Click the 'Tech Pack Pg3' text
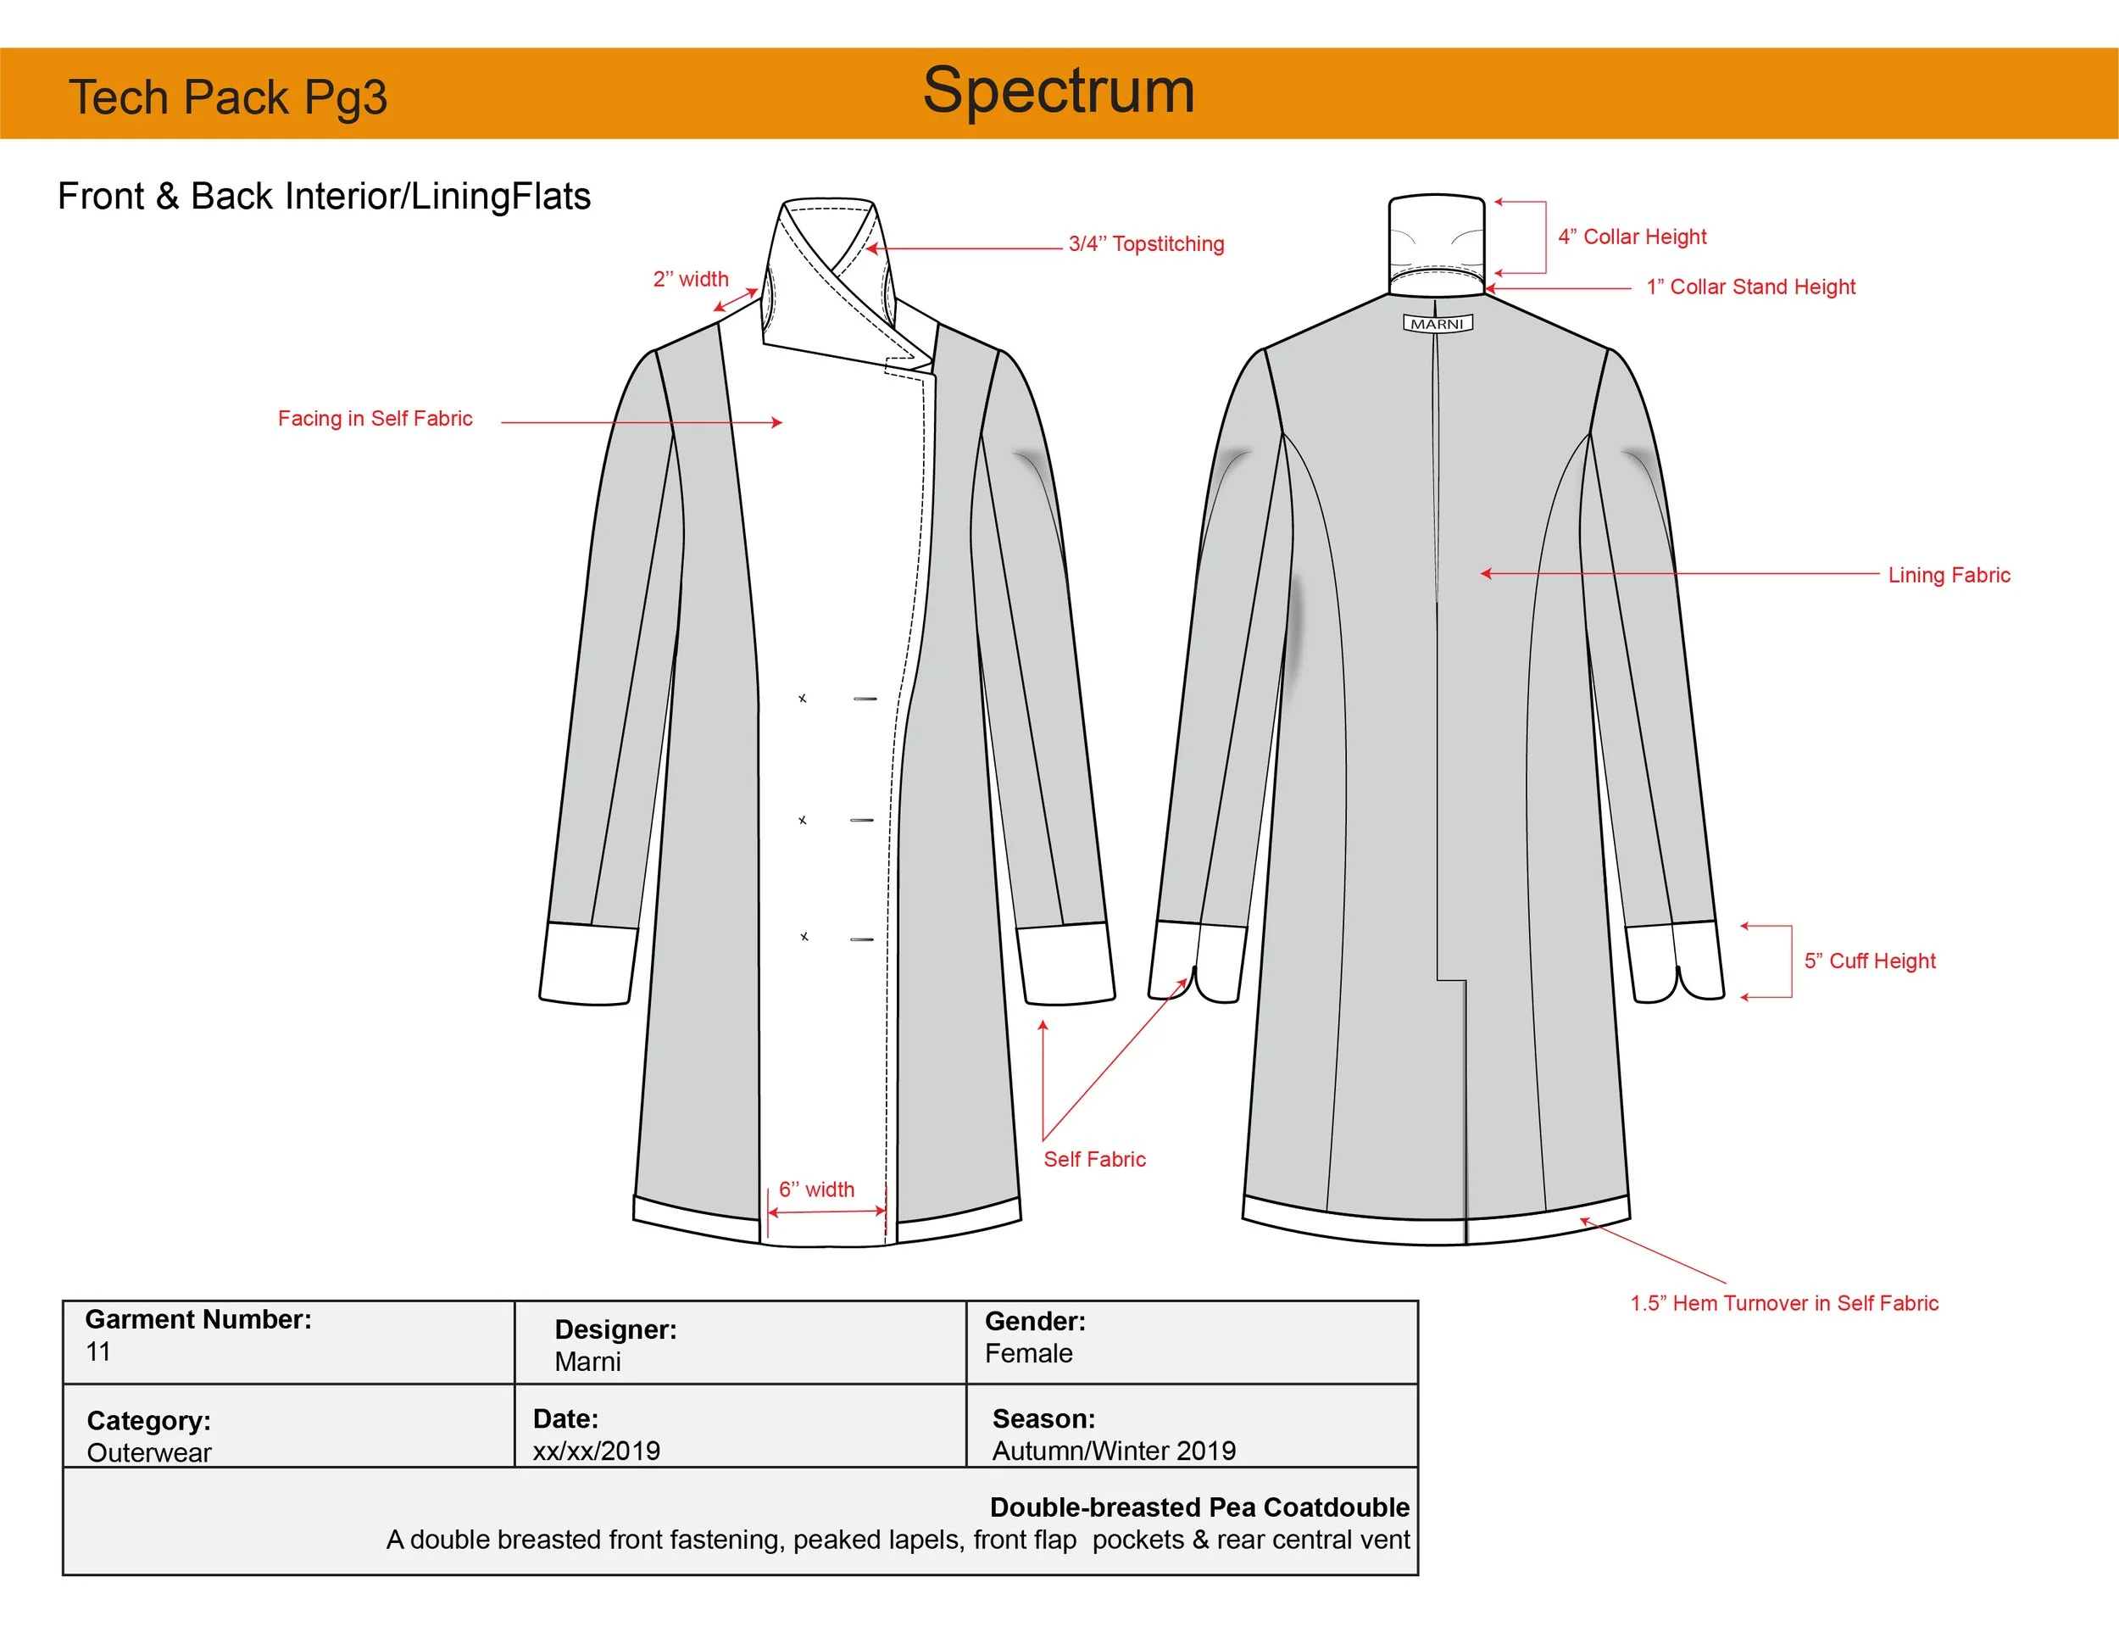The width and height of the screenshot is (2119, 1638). (x=228, y=98)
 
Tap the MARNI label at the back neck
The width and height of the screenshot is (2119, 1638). (x=1437, y=323)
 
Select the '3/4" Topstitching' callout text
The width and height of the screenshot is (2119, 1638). (x=1146, y=243)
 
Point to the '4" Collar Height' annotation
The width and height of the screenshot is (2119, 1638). (x=1632, y=237)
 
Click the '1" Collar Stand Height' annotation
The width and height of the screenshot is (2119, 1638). (x=1750, y=287)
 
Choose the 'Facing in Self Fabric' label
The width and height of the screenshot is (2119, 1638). (x=375, y=418)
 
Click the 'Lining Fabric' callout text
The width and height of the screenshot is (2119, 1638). (x=1949, y=575)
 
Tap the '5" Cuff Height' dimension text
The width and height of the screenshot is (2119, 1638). (x=1869, y=961)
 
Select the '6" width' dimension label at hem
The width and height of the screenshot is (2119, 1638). (x=816, y=1189)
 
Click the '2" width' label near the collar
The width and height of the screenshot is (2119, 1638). (x=690, y=280)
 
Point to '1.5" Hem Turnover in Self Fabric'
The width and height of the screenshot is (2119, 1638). (x=1783, y=1303)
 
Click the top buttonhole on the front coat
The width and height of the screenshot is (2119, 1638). (x=865, y=699)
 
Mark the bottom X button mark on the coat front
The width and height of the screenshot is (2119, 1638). (x=804, y=936)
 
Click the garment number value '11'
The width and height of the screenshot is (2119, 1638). (x=98, y=1351)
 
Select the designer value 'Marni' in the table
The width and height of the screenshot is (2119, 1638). (x=587, y=1362)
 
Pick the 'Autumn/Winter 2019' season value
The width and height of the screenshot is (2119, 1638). (x=1113, y=1451)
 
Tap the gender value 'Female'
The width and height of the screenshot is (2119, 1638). (x=1028, y=1354)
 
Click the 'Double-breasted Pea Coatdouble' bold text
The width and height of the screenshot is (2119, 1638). (x=1199, y=1507)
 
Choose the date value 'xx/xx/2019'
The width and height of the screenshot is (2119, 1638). (x=596, y=1451)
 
